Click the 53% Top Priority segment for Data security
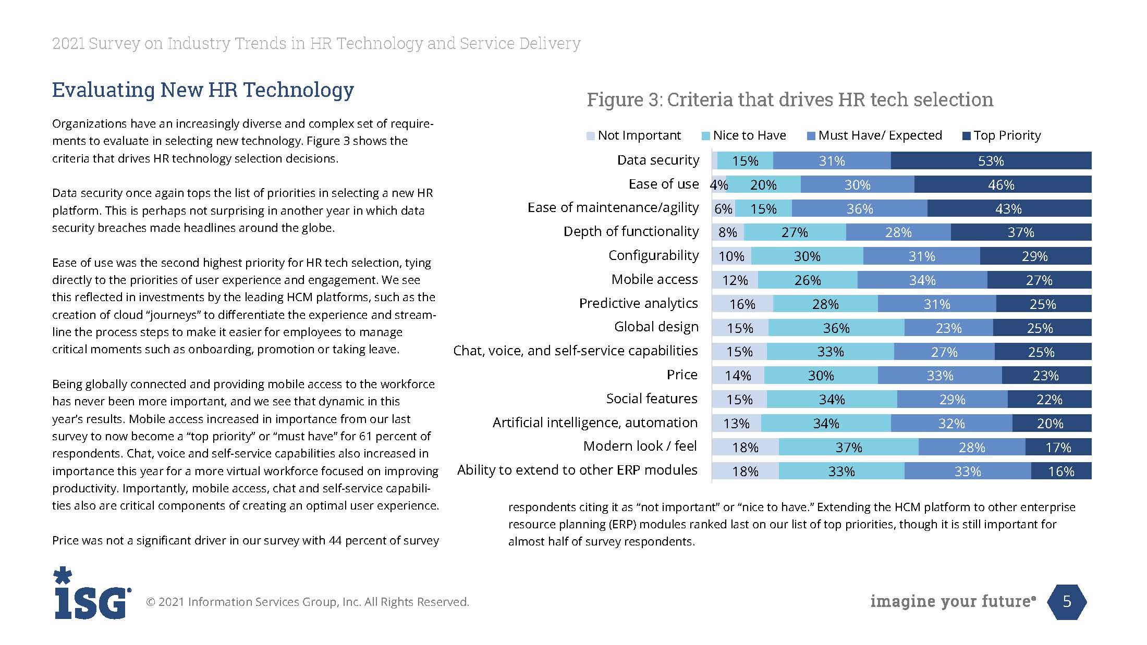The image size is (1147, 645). pyautogui.click(x=991, y=161)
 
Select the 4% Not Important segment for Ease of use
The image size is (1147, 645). pyautogui.click(x=719, y=184)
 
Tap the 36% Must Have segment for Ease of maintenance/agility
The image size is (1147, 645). pyautogui.click(x=859, y=208)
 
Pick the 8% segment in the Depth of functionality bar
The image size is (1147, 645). pyautogui.click(x=728, y=232)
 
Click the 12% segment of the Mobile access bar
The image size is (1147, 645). pyautogui.click(x=735, y=280)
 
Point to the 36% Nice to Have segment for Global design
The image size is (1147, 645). pyautogui.click(x=836, y=328)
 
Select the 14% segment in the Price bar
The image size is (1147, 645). pyautogui.click(x=738, y=376)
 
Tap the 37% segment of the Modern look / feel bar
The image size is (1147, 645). pyautogui.click(x=849, y=447)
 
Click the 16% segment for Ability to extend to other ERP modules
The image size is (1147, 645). pyautogui.click(x=1061, y=471)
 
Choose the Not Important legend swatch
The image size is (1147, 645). pyautogui.click(x=590, y=136)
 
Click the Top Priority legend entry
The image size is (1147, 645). pyautogui.click(x=1007, y=135)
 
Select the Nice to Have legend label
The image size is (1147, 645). pyautogui.click(x=749, y=135)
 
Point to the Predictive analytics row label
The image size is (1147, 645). pyautogui.click(x=638, y=303)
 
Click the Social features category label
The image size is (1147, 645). pyautogui.click(x=651, y=399)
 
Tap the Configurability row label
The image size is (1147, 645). pyautogui.click(x=653, y=255)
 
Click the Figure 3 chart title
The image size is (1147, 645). pyautogui.click(x=790, y=100)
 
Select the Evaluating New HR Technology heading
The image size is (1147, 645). pyautogui.click(x=203, y=90)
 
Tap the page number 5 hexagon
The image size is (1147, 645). pyautogui.click(x=1067, y=602)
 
